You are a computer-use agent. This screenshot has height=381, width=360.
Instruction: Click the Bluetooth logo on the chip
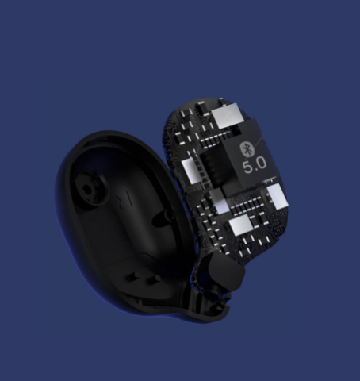247,148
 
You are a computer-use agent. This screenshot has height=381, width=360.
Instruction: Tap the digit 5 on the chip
248,167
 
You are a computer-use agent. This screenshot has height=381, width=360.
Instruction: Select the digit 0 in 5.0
261,163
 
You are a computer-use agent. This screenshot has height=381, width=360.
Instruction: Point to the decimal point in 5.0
255,171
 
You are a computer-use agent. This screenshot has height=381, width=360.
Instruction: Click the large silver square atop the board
227,116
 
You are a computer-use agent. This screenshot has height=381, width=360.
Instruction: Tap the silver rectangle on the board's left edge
191,171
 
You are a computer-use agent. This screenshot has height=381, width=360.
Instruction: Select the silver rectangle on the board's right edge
278,197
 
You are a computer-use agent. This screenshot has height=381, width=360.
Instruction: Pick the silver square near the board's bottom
241,225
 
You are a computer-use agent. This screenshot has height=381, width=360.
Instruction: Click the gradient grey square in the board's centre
220,201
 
